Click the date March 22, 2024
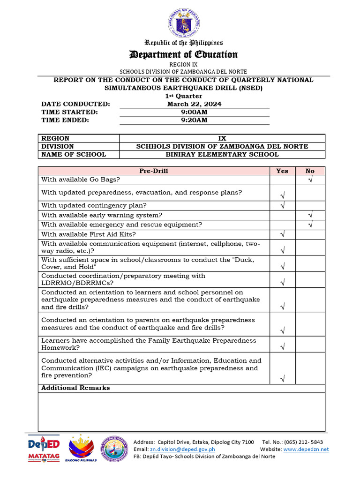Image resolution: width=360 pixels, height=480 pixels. (x=194, y=104)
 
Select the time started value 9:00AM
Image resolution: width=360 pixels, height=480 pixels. (x=194, y=112)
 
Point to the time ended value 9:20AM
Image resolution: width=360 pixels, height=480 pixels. (x=194, y=120)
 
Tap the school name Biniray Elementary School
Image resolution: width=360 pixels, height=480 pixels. (x=222, y=154)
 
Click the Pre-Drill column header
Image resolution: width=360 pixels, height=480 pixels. (x=153, y=171)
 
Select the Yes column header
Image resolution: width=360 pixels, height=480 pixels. (x=282, y=171)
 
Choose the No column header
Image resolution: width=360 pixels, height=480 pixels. (x=310, y=171)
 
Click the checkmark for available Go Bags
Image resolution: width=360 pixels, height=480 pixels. (x=310, y=180)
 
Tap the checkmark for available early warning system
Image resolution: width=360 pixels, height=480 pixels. (x=310, y=215)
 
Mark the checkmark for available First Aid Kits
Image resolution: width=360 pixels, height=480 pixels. (x=283, y=234)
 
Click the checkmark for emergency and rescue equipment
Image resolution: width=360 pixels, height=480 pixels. (x=310, y=225)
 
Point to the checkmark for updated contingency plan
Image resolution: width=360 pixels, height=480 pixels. (x=283, y=205)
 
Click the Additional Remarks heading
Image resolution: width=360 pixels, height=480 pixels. (x=75, y=388)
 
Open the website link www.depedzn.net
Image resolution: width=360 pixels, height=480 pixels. (x=306, y=449)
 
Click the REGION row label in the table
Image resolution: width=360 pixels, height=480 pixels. (x=55, y=138)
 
